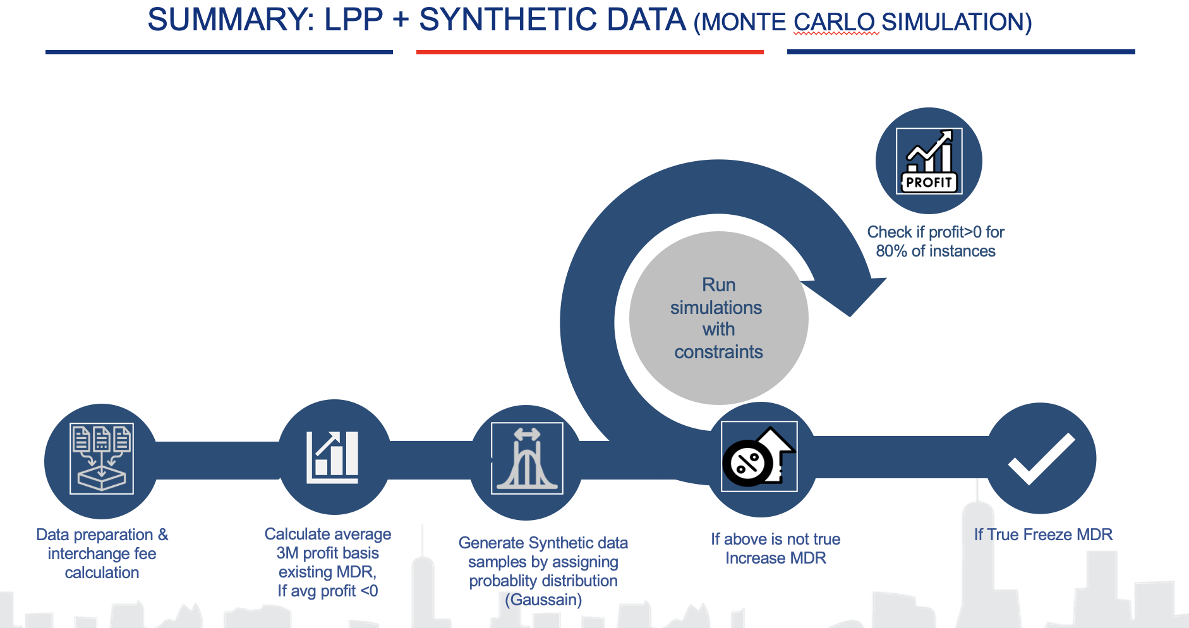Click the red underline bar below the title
[589, 52]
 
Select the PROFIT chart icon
[929, 161]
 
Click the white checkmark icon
[1041, 459]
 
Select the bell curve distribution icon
[527, 459]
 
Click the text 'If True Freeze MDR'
[1043, 534]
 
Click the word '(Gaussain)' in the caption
[543, 600]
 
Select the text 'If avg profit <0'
[327, 591]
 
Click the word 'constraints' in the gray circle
[718, 352]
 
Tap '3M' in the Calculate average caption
[287, 553]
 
